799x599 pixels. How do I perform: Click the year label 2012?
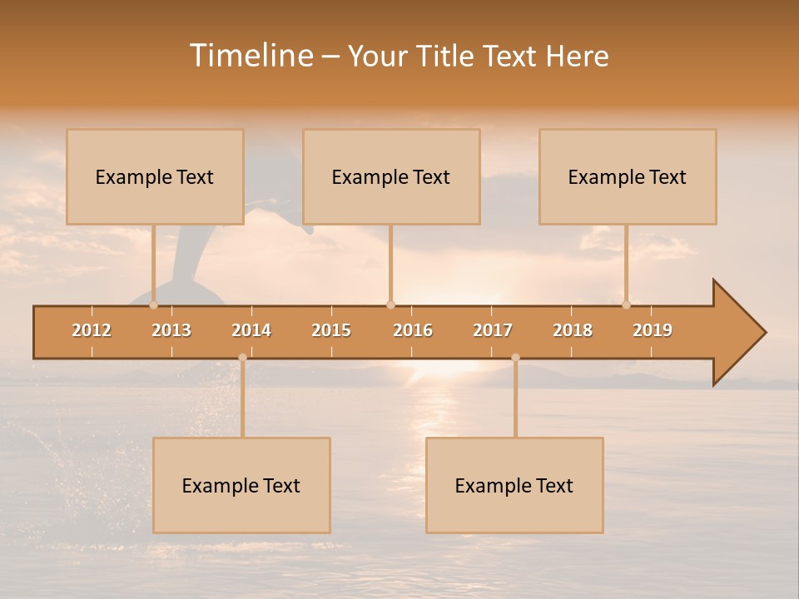(92, 330)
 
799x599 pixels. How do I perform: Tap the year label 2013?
(171, 330)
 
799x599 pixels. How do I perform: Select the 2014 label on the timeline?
(251, 330)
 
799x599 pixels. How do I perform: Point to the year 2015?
(331, 330)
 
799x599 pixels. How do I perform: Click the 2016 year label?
(413, 330)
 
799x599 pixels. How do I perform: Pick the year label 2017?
(493, 330)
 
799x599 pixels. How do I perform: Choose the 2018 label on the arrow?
(573, 330)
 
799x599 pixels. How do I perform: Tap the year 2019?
(653, 330)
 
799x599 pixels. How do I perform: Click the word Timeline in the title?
(251, 56)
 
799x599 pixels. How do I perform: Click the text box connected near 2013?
(155, 177)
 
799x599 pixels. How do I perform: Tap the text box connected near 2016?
(391, 177)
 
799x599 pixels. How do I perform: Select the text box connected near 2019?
(628, 177)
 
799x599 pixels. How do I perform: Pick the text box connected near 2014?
(241, 486)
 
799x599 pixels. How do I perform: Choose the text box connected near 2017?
(514, 486)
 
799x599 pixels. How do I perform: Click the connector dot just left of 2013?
(154, 304)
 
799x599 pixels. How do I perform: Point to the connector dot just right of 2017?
(515, 358)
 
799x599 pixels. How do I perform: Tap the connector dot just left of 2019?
(627, 304)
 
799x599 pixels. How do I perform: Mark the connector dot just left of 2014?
(242, 358)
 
